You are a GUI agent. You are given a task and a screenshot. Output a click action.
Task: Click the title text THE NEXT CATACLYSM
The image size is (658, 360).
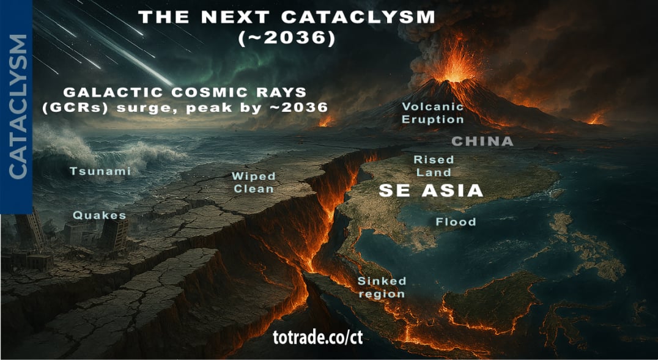[286, 17]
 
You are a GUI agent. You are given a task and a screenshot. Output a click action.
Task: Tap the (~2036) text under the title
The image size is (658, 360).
[287, 38]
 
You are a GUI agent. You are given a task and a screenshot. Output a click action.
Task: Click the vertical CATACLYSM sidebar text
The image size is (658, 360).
[18, 106]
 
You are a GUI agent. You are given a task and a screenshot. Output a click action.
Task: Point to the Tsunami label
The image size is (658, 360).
[100, 171]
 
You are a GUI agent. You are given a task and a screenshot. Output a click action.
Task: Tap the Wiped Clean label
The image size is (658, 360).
[253, 182]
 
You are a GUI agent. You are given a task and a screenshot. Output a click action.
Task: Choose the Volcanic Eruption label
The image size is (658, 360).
[432, 113]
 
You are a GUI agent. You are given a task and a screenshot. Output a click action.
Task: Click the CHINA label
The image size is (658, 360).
[482, 142]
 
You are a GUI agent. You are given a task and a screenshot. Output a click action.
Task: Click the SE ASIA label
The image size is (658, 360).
[431, 190]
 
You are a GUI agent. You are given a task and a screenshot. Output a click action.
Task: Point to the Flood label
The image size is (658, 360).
[456, 221]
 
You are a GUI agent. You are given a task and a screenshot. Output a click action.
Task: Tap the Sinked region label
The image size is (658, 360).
[382, 287]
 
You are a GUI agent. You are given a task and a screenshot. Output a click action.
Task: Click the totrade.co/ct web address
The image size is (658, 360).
[318, 337]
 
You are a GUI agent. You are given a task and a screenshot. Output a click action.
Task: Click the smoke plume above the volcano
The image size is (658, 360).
[440, 31]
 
